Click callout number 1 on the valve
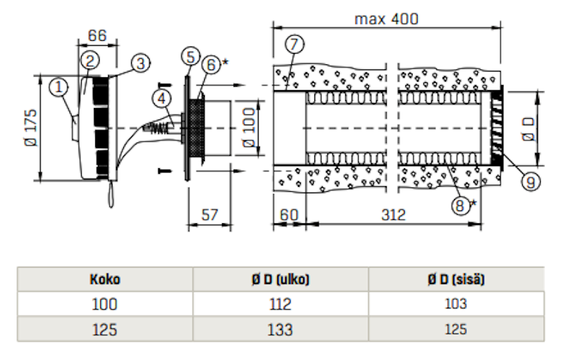(x=59, y=87)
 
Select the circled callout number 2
(x=90, y=61)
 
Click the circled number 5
(x=189, y=55)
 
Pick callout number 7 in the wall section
(x=292, y=43)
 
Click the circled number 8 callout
(x=462, y=205)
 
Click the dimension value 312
(x=393, y=214)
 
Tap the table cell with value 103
(x=456, y=304)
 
